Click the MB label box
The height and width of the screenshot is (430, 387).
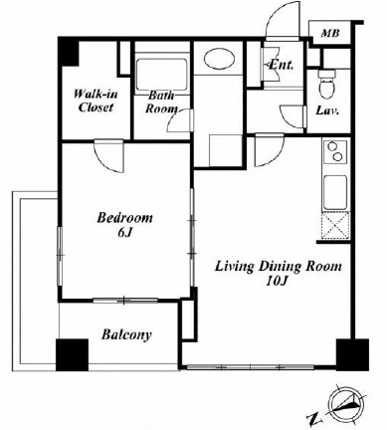[330, 32]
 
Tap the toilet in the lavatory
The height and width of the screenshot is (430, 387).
[326, 84]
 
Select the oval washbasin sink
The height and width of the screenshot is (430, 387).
[219, 59]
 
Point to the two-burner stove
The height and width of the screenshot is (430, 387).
[335, 151]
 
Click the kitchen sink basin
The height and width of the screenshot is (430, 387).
[335, 192]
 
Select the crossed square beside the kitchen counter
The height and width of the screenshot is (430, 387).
[335, 226]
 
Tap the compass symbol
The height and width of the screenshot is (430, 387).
[346, 403]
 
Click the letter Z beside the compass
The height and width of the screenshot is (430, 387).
[311, 419]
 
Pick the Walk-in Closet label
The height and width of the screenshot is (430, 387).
[96, 101]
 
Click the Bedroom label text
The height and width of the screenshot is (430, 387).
[124, 218]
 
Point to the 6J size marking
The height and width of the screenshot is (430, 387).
[124, 233]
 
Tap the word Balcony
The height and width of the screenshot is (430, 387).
[126, 334]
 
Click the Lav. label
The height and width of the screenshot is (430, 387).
[327, 110]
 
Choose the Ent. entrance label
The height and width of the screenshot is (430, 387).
[281, 65]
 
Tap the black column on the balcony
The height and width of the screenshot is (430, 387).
[72, 354]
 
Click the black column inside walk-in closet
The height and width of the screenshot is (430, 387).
[69, 53]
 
